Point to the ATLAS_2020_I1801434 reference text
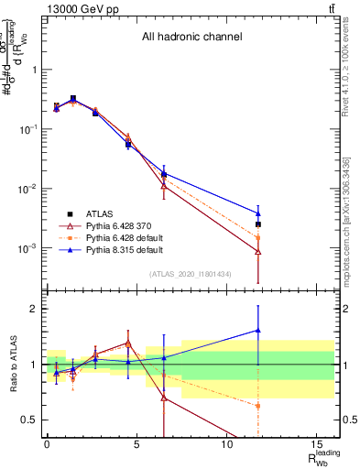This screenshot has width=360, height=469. point(190,275)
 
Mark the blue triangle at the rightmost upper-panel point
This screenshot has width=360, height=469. point(258,213)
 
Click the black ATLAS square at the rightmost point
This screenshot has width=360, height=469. point(258,224)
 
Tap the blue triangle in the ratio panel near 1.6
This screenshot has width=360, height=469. point(258,331)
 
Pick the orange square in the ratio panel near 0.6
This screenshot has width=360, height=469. point(258,405)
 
